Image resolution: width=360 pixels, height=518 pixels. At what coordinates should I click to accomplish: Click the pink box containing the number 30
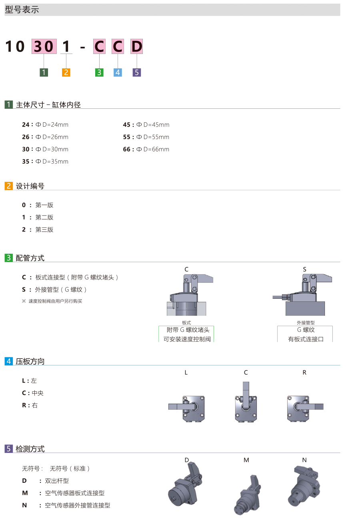[43, 46]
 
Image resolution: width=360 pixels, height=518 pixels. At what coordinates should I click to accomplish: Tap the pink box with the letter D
[137, 46]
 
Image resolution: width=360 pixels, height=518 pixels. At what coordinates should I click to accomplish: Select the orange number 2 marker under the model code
[66, 72]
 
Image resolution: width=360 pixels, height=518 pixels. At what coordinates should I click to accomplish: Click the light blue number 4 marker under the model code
[118, 72]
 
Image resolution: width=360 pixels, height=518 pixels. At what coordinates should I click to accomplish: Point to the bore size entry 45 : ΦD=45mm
[146, 125]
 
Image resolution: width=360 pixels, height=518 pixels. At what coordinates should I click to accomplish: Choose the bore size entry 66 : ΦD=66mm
[146, 149]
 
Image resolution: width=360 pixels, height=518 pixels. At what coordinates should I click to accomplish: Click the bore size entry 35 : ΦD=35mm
[45, 162]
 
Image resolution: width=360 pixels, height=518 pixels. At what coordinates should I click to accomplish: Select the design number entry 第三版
[44, 230]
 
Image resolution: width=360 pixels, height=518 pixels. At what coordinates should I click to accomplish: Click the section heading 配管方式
[30, 258]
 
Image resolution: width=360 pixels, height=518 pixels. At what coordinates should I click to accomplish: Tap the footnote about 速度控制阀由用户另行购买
[55, 301]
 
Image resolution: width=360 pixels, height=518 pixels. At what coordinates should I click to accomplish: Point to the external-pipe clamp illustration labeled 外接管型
[303, 295]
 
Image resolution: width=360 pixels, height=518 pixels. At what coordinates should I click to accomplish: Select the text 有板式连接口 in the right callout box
[306, 339]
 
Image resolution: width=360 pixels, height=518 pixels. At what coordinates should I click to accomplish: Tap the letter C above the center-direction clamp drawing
[246, 373]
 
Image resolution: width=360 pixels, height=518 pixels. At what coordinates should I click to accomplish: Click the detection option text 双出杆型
[57, 481]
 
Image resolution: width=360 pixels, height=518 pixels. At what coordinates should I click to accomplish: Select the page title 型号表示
[22, 10]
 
